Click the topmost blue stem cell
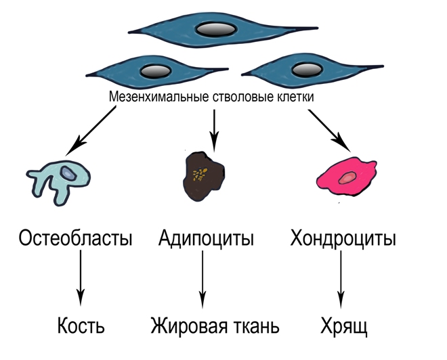point(176,30)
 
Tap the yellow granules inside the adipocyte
point(199,175)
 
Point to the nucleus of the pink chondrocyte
point(347,178)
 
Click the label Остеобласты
point(75,240)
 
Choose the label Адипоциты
point(207,240)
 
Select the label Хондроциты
point(343,240)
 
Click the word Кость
point(81,328)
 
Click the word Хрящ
point(341,328)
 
